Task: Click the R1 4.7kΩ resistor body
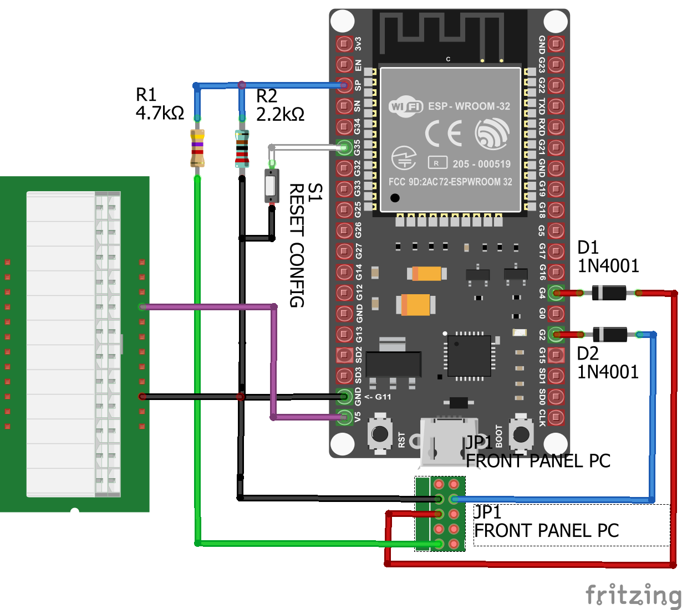click(197, 148)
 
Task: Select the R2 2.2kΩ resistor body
click(242, 148)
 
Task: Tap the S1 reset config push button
click(271, 186)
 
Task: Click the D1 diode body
click(609, 293)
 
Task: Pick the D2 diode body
click(610, 334)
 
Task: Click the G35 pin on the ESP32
click(344, 147)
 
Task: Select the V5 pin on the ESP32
click(344, 417)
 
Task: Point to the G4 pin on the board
click(556, 293)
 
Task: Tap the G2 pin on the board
click(556, 334)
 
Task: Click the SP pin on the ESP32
click(344, 85)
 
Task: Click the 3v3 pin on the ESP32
click(344, 44)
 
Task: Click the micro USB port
click(449, 440)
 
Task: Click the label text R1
click(146, 95)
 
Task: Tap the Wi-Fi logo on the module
click(406, 106)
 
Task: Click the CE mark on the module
click(444, 134)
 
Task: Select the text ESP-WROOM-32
click(469, 106)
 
